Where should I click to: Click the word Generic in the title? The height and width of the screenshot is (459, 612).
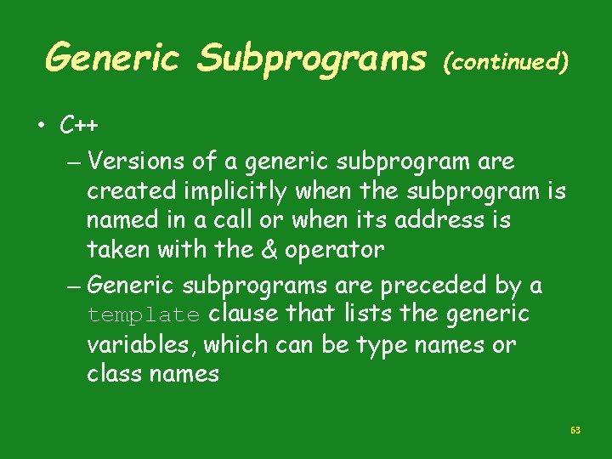(x=113, y=59)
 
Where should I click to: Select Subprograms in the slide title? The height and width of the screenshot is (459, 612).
(x=312, y=59)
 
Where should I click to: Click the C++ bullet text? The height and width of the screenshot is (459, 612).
(x=79, y=126)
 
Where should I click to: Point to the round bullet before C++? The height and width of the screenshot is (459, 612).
(x=42, y=127)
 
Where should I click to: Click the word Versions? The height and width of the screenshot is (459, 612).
(x=135, y=161)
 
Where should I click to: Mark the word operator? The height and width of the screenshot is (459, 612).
(x=334, y=252)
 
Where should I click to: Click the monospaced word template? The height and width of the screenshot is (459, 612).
(x=143, y=315)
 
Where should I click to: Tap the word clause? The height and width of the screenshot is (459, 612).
(x=243, y=314)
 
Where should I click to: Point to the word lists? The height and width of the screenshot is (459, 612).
(x=365, y=314)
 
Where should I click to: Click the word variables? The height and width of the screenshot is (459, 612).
(x=142, y=345)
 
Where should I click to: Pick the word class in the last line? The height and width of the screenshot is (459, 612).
(x=114, y=374)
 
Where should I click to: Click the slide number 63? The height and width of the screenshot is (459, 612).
(x=575, y=430)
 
